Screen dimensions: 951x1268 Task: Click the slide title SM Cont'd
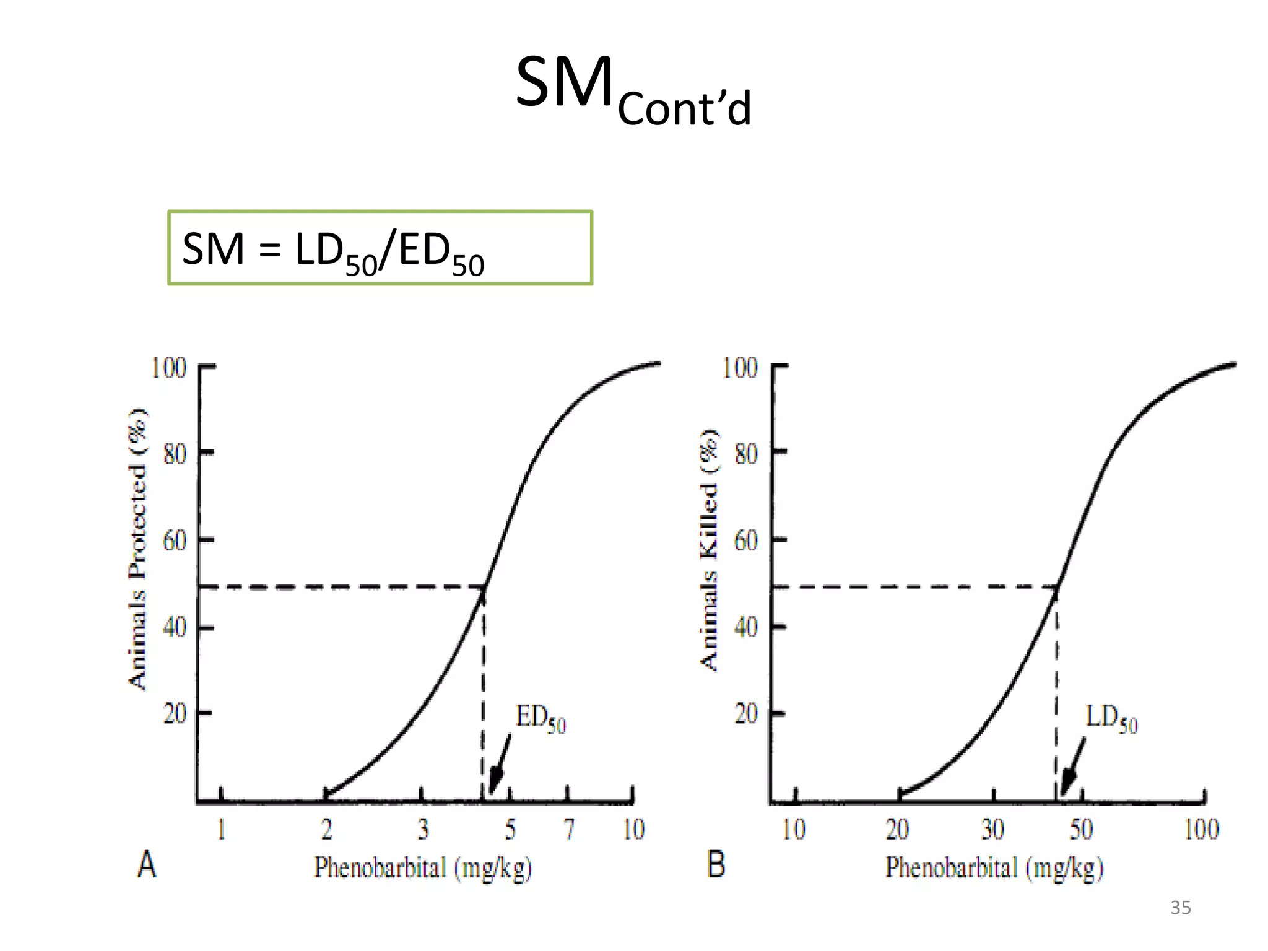point(633,90)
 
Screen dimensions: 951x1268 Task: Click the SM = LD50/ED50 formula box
point(380,248)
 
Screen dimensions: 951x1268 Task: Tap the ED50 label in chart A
point(540,719)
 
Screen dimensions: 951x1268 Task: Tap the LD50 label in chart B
point(1111,719)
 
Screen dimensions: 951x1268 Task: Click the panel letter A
point(147,865)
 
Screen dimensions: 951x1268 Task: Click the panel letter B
point(716,865)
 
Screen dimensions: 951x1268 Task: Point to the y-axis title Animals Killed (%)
point(710,549)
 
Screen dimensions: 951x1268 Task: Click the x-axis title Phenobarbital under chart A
point(423,868)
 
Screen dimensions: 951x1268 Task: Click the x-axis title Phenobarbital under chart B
point(994,868)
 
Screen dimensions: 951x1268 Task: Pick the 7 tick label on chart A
point(569,830)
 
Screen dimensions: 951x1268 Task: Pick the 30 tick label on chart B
point(992,830)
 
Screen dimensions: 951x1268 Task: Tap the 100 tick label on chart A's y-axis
point(168,368)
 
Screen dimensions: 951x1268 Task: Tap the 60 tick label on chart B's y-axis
point(745,541)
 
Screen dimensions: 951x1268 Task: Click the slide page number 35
point(1180,908)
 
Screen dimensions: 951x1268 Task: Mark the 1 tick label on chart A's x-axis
point(221,830)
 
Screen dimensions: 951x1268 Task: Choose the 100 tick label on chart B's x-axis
point(1201,830)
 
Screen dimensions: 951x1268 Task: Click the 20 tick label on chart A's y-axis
point(174,714)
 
